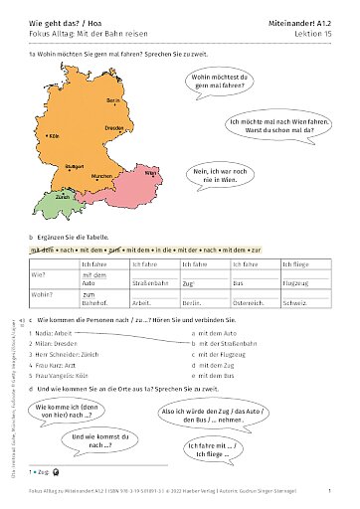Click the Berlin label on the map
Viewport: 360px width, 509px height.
pos(112,101)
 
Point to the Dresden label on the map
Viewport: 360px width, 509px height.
pos(114,128)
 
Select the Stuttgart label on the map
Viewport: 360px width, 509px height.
pos(74,165)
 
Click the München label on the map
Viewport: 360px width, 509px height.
pos(101,176)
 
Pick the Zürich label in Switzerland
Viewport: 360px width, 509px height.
pos(62,198)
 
